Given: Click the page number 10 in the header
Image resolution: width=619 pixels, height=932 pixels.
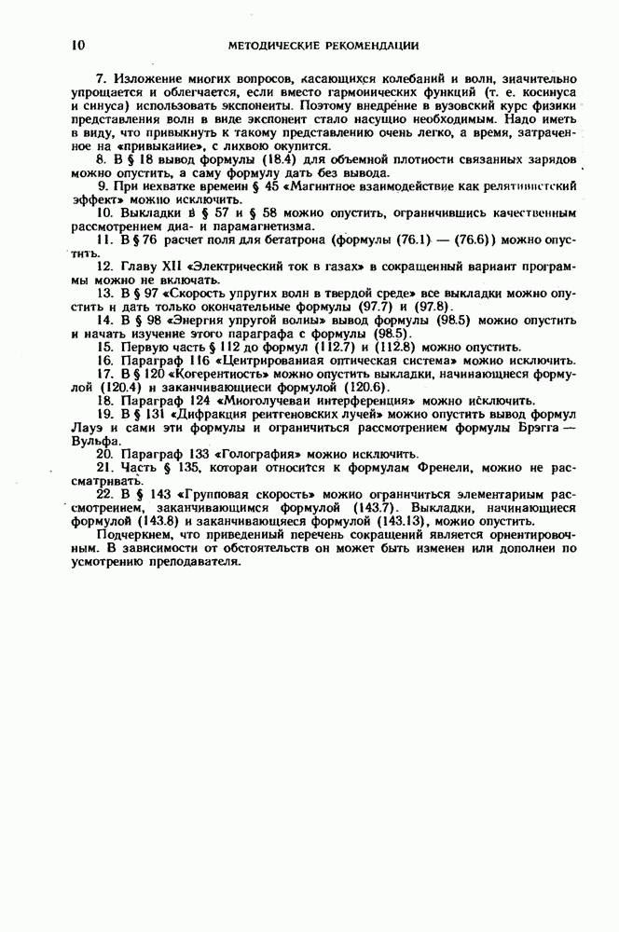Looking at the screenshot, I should point(78,45).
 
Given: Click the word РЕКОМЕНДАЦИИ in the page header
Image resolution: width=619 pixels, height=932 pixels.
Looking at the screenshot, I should point(368,45).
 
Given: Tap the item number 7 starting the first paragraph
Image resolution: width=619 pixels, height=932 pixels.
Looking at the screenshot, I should point(100,80).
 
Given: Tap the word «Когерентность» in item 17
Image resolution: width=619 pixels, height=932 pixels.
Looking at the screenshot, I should point(210,374).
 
